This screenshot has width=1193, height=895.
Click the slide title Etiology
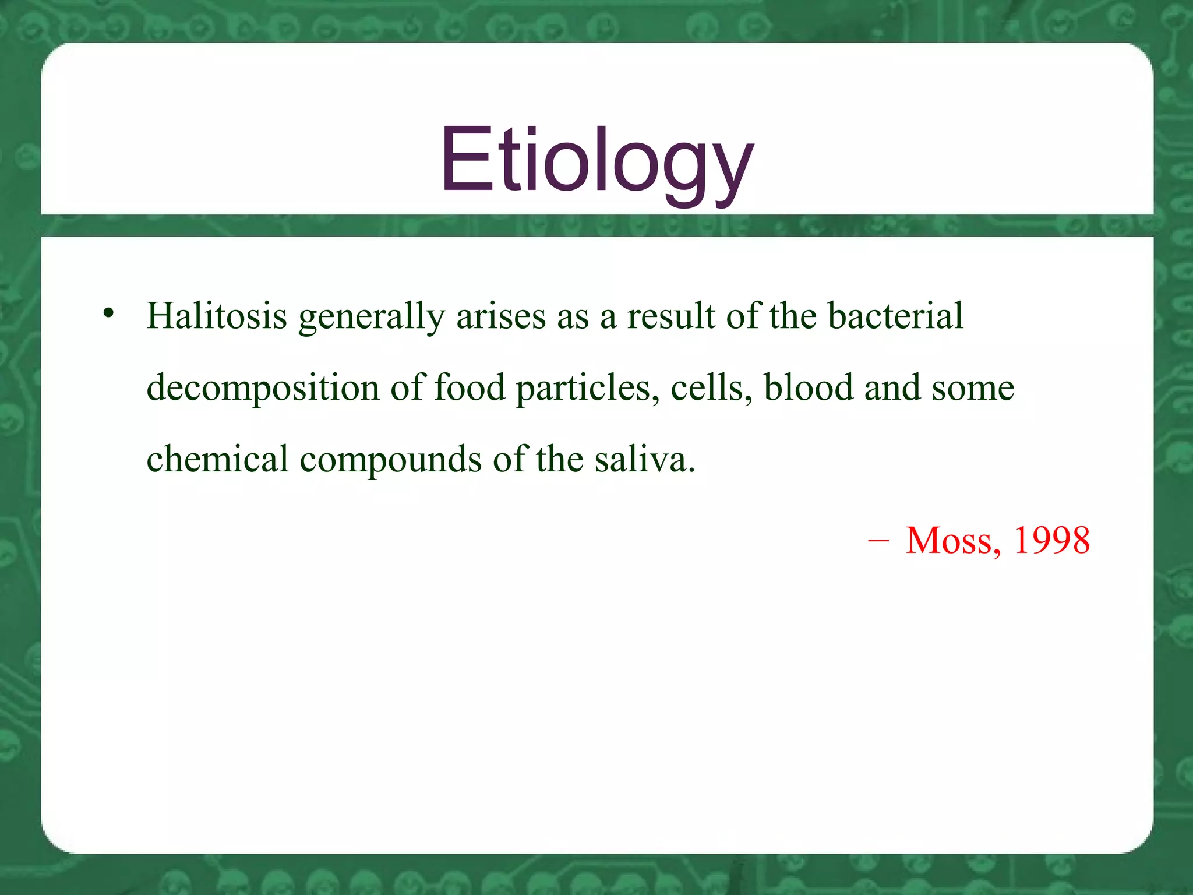click(x=596, y=160)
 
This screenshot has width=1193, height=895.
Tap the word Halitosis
click(x=217, y=316)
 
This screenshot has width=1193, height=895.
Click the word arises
click(x=501, y=316)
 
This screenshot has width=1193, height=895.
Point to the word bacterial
click(x=895, y=316)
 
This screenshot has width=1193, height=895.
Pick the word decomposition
click(x=263, y=389)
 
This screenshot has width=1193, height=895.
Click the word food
click(x=470, y=387)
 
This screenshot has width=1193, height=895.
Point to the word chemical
click(x=217, y=459)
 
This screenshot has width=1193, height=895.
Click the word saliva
click(x=644, y=459)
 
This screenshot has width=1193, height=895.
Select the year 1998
click(x=1052, y=540)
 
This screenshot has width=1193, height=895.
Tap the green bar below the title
click(x=596, y=225)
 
